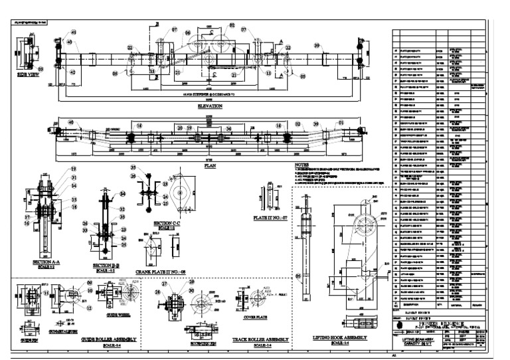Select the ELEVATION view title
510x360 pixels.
coord(210,106)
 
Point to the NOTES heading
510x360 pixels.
coord(302,165)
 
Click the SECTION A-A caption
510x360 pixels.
coord(48,262)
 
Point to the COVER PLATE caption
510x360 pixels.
coord(256,318)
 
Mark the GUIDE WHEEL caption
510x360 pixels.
coord(118,314)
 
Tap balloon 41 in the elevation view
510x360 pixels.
coord(74,32)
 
